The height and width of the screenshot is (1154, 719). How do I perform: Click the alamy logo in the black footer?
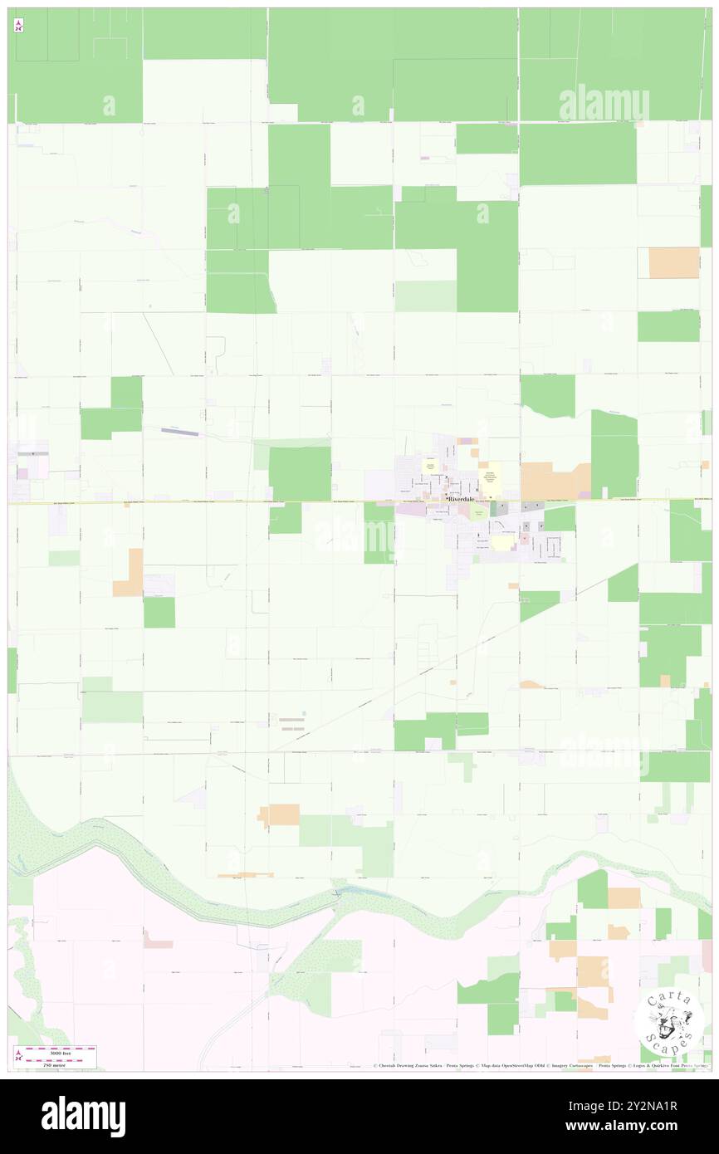[83, 1117]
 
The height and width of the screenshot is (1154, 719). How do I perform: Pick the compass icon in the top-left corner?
[18, 26]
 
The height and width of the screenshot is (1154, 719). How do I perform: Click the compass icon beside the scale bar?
[18, 1055]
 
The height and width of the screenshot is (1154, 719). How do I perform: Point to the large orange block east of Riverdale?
[555, 481]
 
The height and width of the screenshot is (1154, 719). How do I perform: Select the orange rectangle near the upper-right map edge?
[673, 262]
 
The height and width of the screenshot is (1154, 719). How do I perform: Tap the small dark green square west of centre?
[159, 613]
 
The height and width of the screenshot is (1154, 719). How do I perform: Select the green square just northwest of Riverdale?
[300, 473]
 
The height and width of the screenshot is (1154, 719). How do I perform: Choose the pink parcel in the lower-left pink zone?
[158, 940]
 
